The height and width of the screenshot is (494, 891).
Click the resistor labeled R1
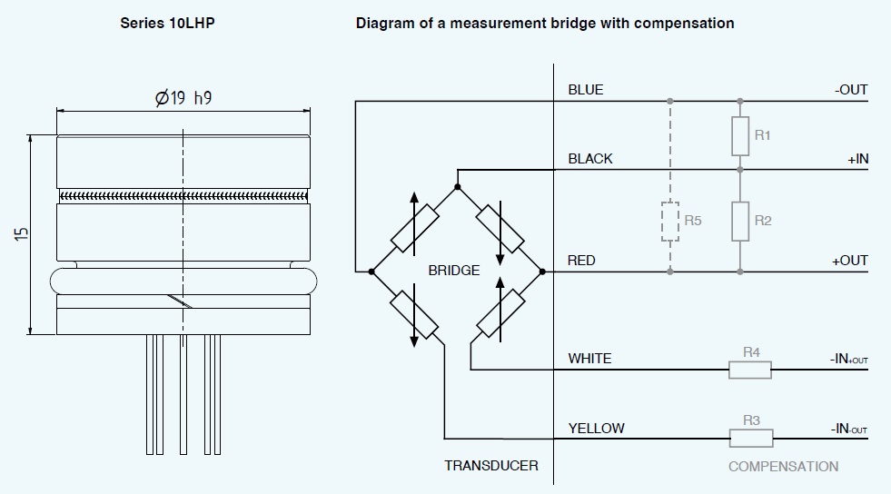click(740, 135)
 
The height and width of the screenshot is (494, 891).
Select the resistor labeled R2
click(740, 221)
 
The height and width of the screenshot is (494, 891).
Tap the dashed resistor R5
click(669, 221)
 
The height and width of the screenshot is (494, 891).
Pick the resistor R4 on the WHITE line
click(750, 370)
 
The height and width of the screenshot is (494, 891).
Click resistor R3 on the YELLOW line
click(751, 439)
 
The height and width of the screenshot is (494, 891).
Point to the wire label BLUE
click(586, 90)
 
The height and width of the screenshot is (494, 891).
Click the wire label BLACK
click(590, 159)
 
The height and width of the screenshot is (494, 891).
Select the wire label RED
click(581, 261)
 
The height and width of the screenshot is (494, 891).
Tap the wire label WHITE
click(589, 359)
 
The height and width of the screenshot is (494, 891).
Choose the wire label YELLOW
click(596, 428)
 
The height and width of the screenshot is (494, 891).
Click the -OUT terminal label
click(851, 90)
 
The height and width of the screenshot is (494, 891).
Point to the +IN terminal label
click(857, 159)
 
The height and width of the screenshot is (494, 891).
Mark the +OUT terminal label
click(850, 261)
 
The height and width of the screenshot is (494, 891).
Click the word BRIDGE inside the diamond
click(453, 271)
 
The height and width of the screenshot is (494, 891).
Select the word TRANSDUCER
click(490, 466)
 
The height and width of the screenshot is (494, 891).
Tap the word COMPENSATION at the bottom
click(783, 466)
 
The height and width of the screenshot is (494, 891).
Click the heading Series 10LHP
click(168, 23)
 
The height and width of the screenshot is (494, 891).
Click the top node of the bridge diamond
click(457, 187)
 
